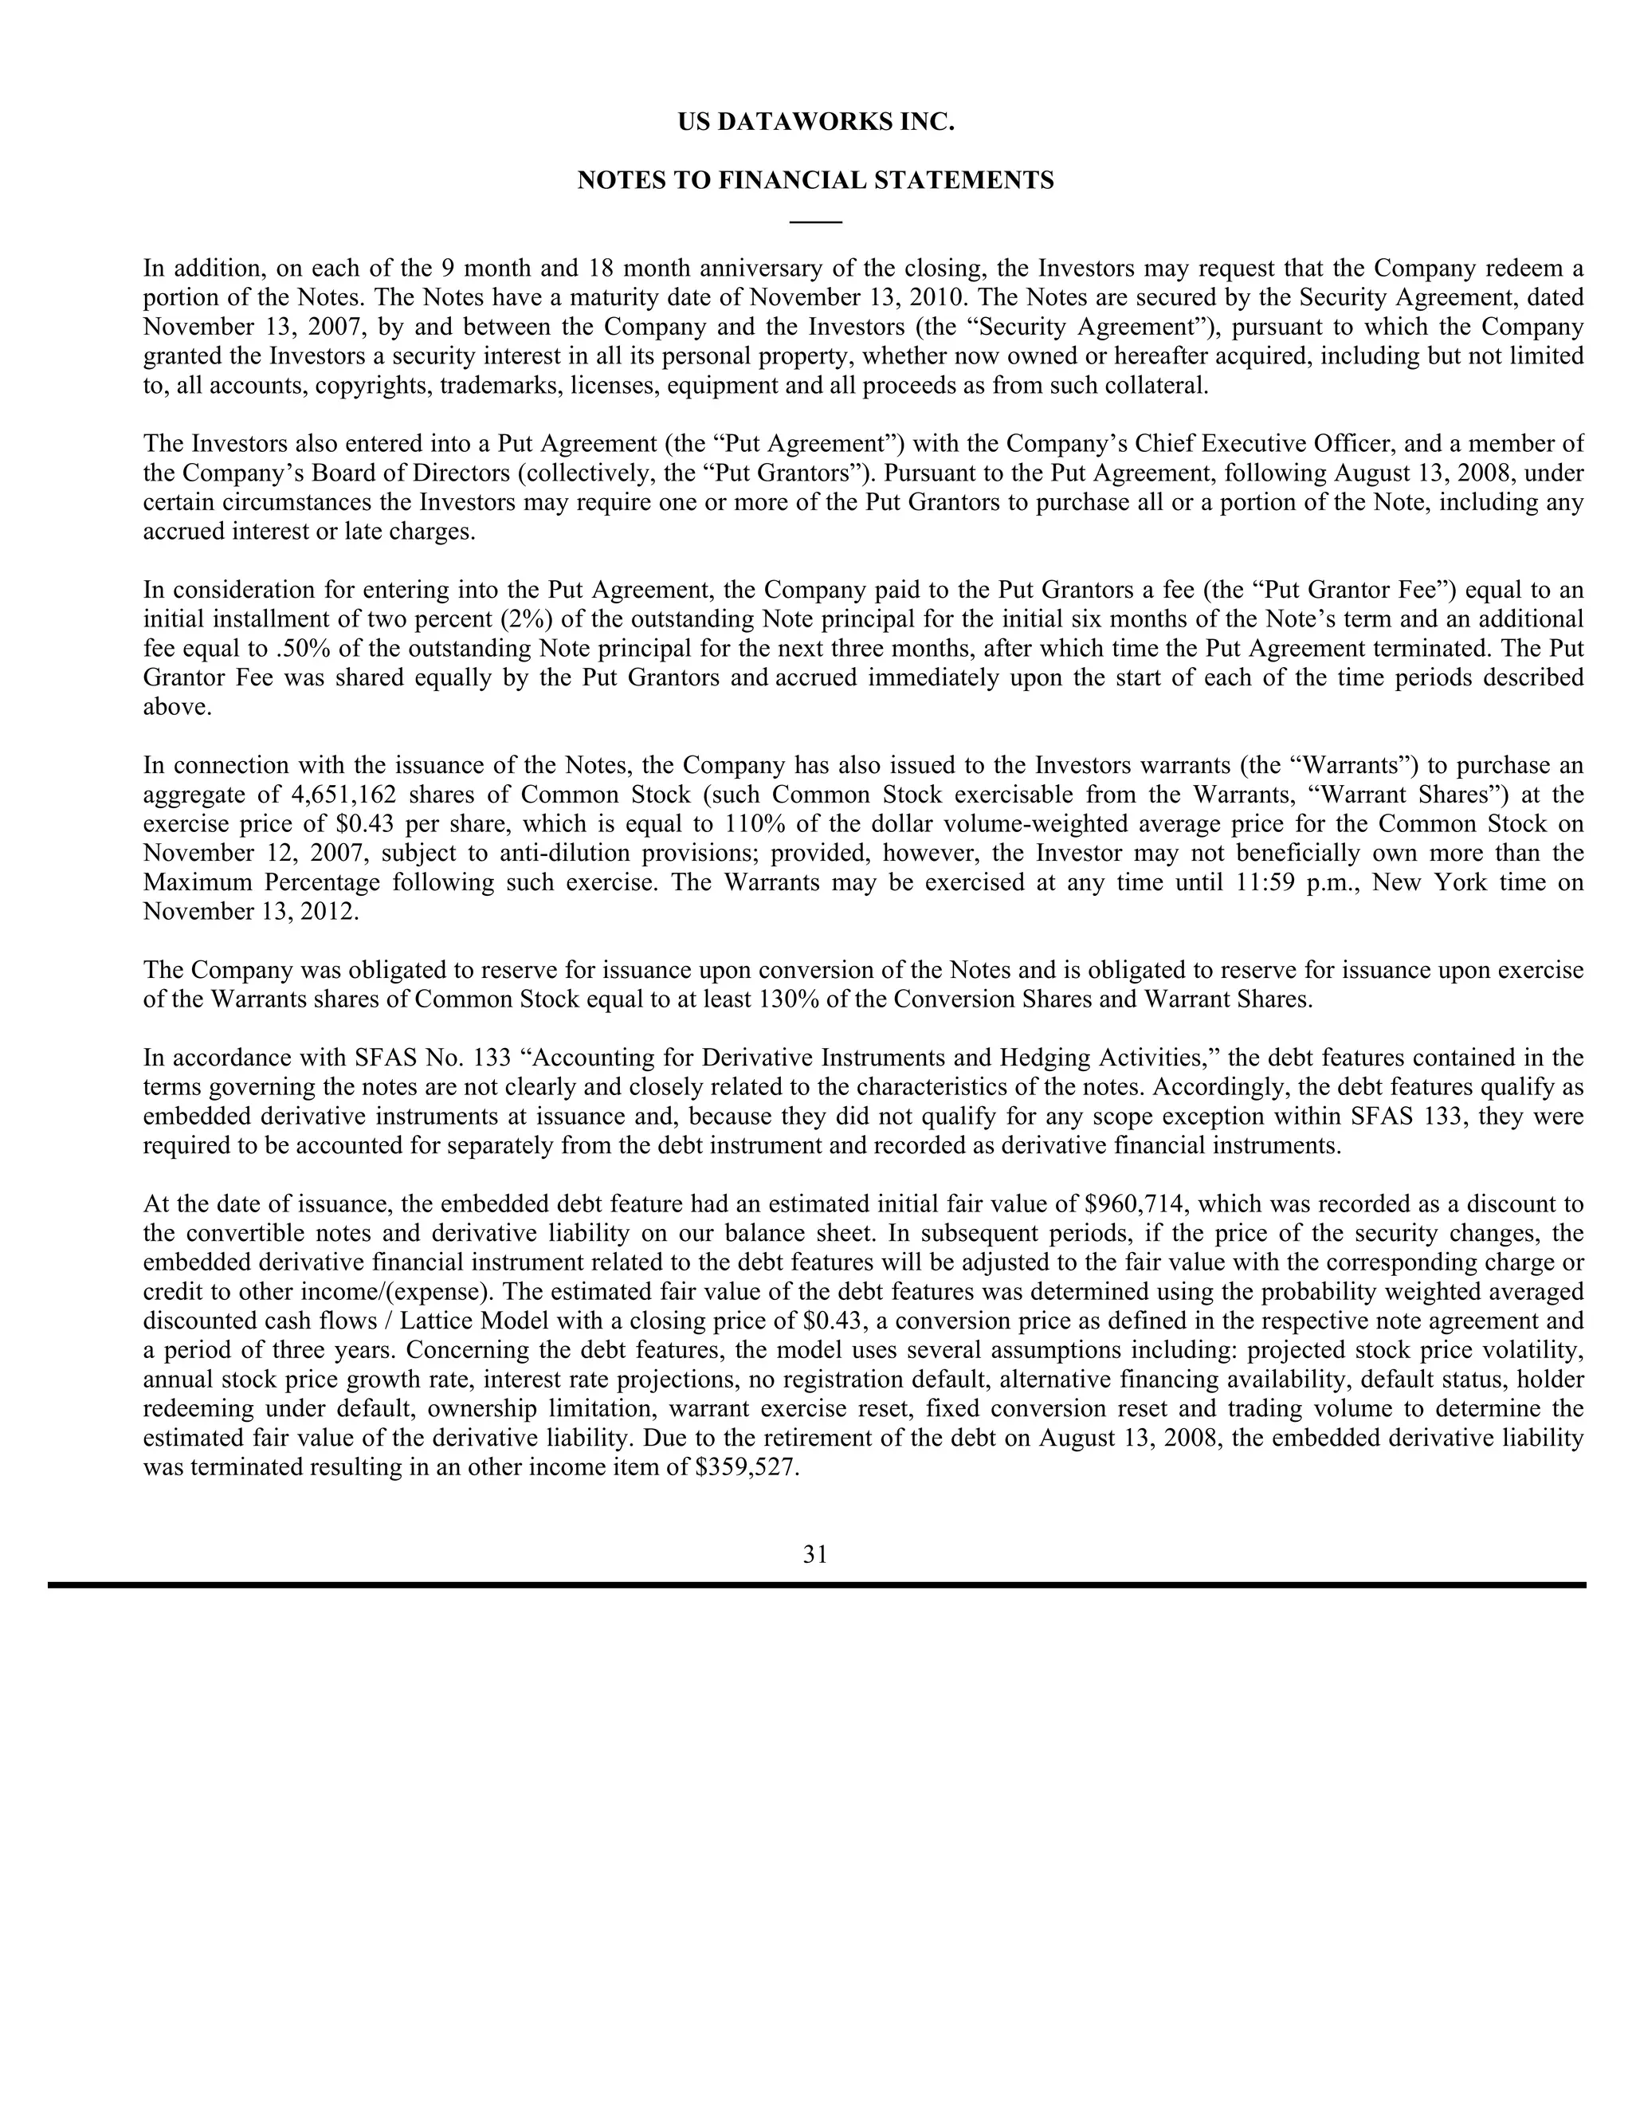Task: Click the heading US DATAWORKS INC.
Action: coord(815,123)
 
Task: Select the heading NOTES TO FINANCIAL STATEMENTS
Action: coord(815,181)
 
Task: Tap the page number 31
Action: coord(815,1554)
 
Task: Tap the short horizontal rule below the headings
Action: coord(815,223)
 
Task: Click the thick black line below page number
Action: coord(815,1585)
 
